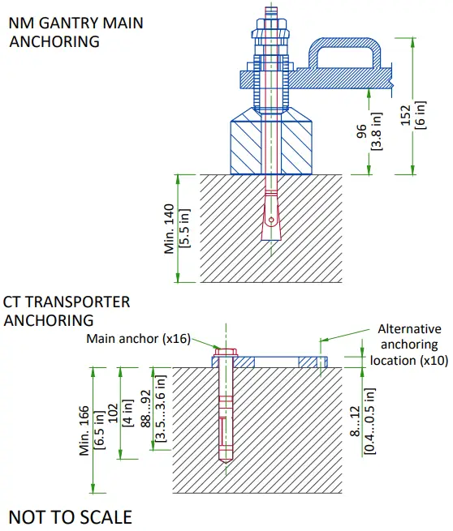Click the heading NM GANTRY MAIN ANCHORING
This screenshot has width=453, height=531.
click(x=75, y=31)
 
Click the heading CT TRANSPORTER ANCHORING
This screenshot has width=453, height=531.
click(x=67, y=310)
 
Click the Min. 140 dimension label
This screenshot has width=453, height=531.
click(x=170, y=229)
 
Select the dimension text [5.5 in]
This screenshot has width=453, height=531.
click(x=184, y=229)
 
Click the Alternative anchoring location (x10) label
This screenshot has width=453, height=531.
click(x=408, y=345)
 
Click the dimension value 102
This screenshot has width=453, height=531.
click(x=114, y=411)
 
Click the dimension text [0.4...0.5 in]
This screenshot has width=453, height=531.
click(x=369, y=420)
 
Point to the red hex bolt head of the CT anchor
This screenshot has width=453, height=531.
click(x=226, y=353)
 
